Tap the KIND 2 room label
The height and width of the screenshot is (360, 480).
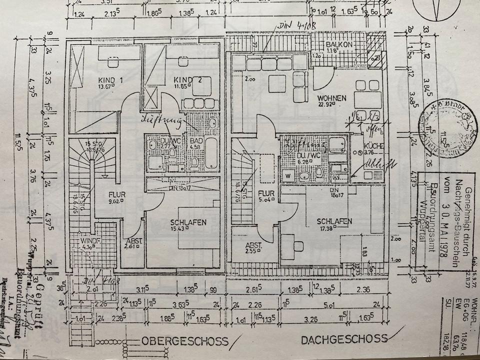(x=184, y=80)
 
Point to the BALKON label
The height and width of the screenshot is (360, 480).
(x=340, y=44)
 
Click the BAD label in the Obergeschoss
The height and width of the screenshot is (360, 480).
(x=196, y=141)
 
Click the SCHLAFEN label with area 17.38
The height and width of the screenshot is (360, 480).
(x=334, y=221)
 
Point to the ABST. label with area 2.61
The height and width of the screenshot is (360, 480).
(x=134, y=241)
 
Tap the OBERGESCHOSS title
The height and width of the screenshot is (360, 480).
(x=184, y=341)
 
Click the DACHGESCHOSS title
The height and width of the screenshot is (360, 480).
(x=344, y=340)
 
